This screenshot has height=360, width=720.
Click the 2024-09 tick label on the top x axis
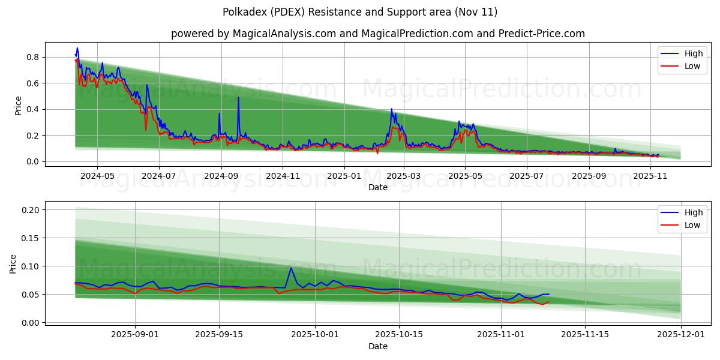pos(221,176)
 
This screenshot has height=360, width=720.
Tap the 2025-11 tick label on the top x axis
pos(650,176)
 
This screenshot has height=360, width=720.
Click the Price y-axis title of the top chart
pos(18,106)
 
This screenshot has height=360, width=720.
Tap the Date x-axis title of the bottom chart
pos(377,346)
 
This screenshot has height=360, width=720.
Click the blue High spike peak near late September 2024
pos(238,98)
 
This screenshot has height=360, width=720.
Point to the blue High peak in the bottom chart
pos(291,268)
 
